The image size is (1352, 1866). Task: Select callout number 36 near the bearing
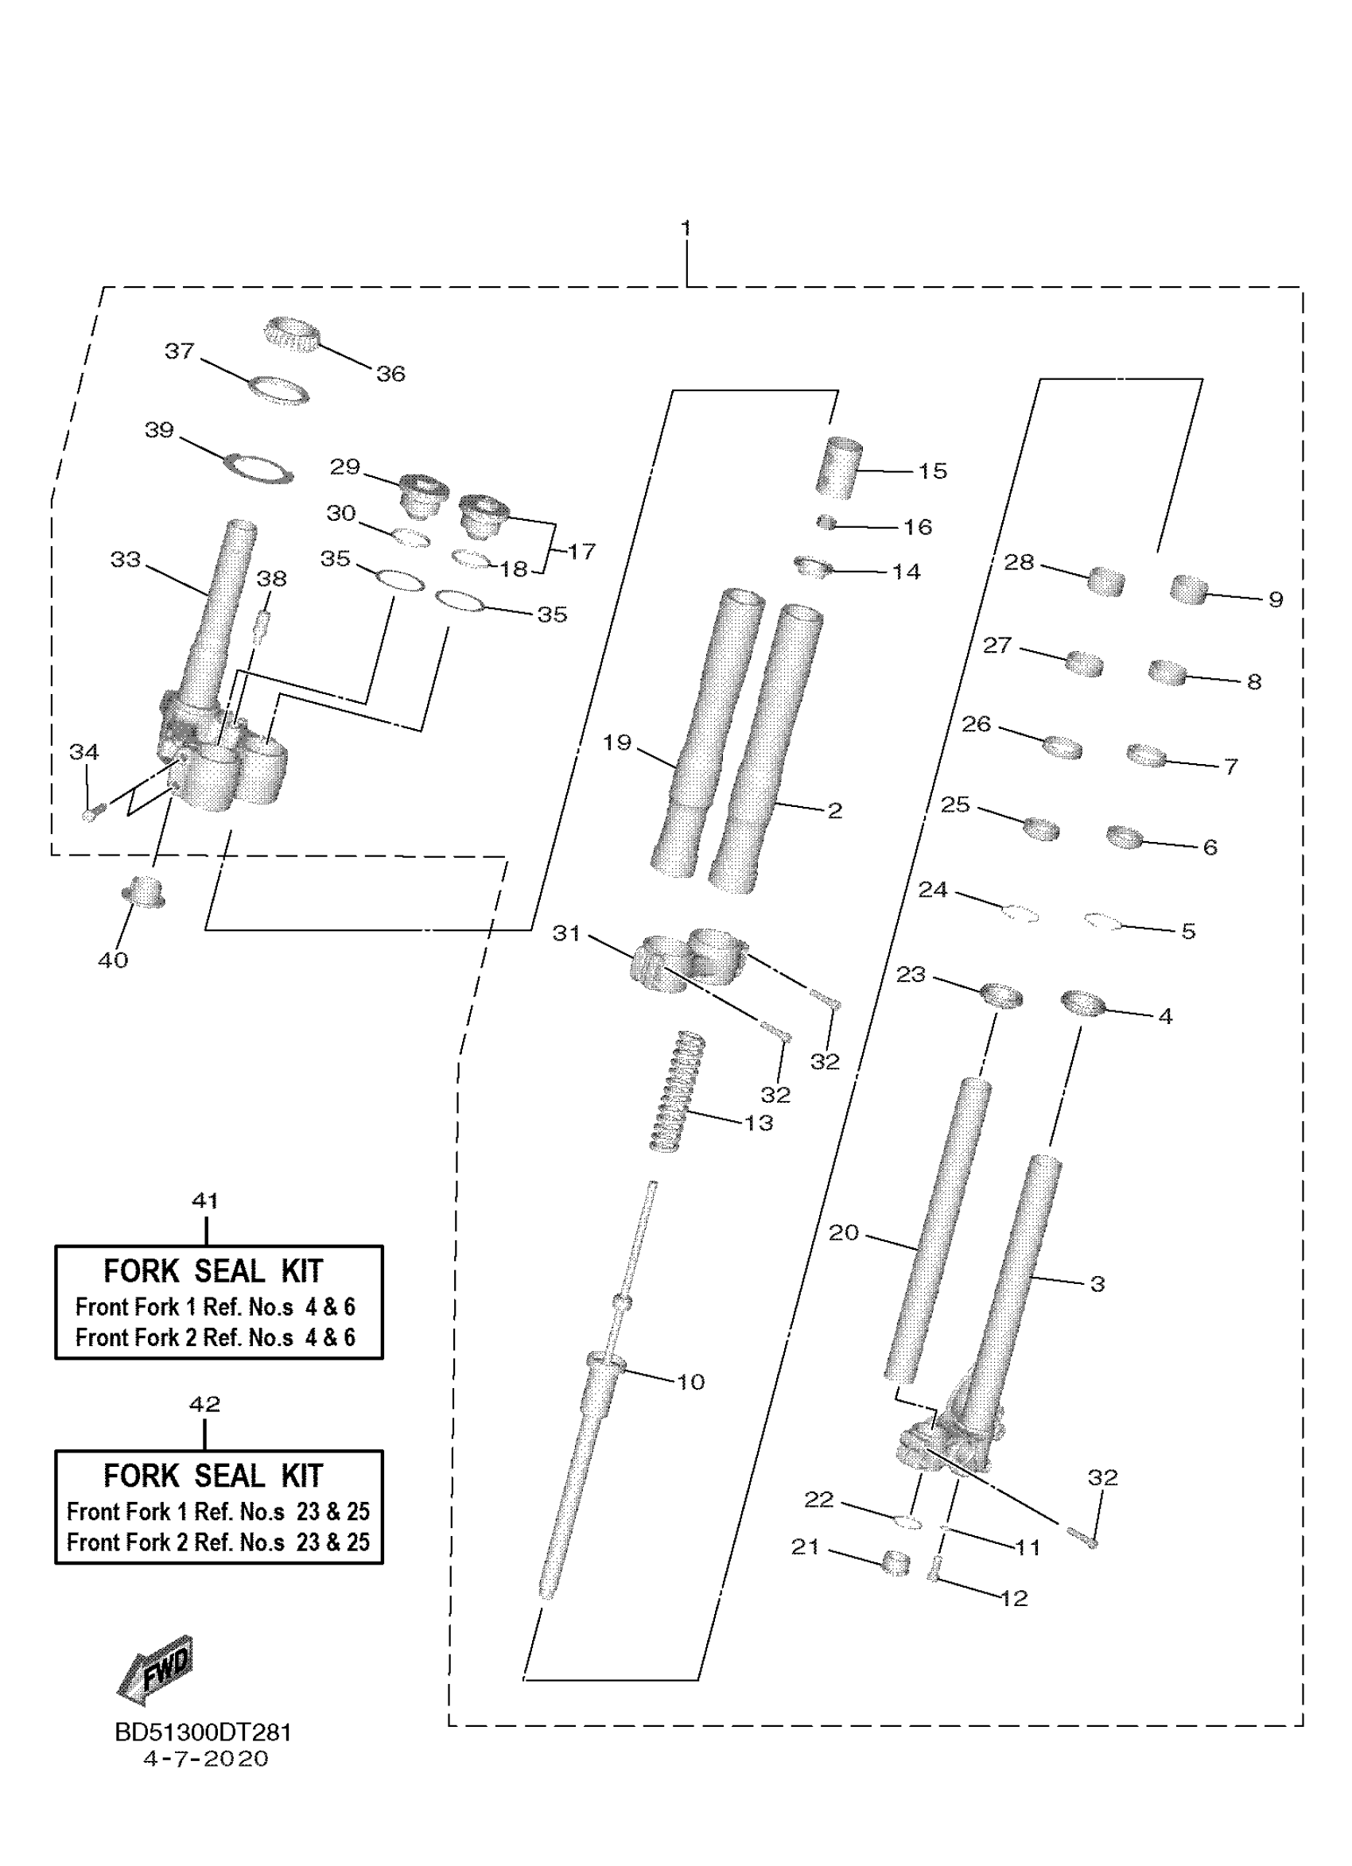click(x=390, y=374)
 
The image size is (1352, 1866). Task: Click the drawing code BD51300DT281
click(x=204, y=1732)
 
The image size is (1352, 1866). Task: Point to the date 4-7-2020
click(x=206, y=1759)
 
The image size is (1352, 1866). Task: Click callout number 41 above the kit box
click(x=205, y=1201)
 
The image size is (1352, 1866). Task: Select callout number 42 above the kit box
click(x=205, y=1403)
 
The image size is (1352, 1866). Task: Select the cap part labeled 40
click(x=143, y=893)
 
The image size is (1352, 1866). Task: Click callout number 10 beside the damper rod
click(x=690, y=1381)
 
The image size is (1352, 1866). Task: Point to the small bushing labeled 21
click(x=896, y=1561)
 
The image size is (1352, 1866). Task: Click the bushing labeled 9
click(x=1188, y=589)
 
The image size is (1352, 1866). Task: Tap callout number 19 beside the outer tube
click(x=616, y=742)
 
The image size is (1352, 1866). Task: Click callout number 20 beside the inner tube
click(x=844, y=1232)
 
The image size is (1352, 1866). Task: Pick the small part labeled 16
click(x=826, y=522)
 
